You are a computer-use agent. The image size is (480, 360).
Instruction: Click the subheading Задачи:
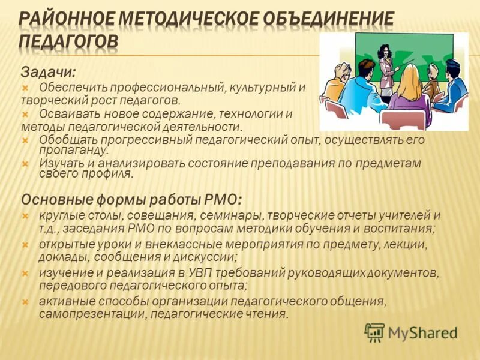[x=49, y=72]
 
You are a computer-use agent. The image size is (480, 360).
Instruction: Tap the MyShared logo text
[x=422, y=332]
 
